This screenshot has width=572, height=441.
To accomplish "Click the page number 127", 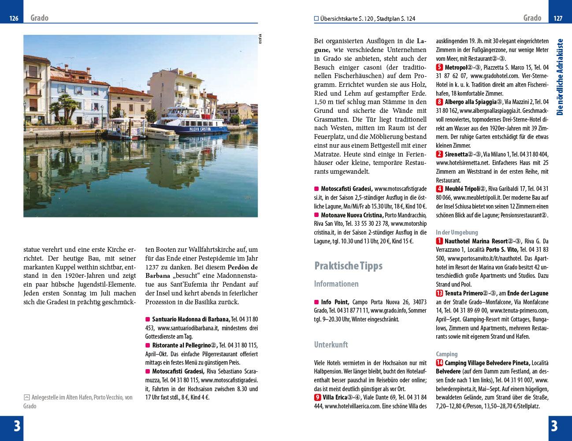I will click(558, 19).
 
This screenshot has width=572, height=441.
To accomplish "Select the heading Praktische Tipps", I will click(348, 266).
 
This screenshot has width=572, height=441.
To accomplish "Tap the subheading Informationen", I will click(336, 284).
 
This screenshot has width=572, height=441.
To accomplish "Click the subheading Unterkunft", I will click(331, 345).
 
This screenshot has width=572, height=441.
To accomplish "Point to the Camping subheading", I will click(446, 354).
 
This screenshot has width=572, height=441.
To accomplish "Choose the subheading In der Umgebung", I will click(457, 232).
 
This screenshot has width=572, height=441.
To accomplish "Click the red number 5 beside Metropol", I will click(439, 67).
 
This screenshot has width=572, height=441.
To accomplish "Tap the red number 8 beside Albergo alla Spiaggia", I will click(439, 102).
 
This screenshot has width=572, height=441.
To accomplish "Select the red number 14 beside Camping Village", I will click(440, 363).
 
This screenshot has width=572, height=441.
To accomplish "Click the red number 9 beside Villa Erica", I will click(318, 397).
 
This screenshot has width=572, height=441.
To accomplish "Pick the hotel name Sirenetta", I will click(457, 154).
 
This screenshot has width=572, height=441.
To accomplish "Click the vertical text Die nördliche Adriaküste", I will click(560, 77).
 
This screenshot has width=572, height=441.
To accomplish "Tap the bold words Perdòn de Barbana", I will click(201, 271).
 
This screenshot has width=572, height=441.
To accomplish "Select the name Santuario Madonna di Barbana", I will click(191, 319).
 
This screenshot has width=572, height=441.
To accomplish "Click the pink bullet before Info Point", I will click(316, 303).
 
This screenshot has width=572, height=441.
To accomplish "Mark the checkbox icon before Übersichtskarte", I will click(316, 19).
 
